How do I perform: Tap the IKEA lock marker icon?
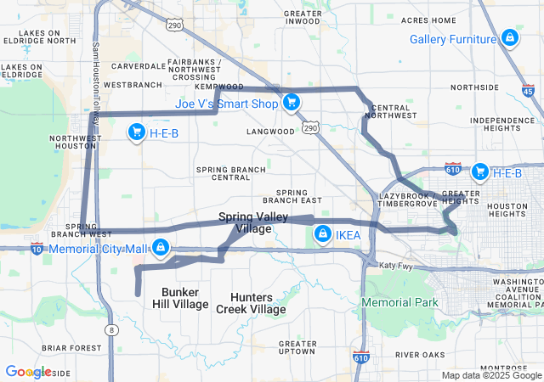point(322,235)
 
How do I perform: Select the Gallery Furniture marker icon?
point(508,38)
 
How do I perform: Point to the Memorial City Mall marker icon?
point(159,248)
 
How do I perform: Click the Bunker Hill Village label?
point(180,298)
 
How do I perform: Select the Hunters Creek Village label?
point(258,303)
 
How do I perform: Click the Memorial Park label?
point(399,302)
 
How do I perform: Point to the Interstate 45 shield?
point(528,89)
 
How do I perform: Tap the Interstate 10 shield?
point(37,249)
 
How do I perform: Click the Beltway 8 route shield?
point(110,329)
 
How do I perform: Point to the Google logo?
point(28,372)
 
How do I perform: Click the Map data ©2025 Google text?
point(490,375)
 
